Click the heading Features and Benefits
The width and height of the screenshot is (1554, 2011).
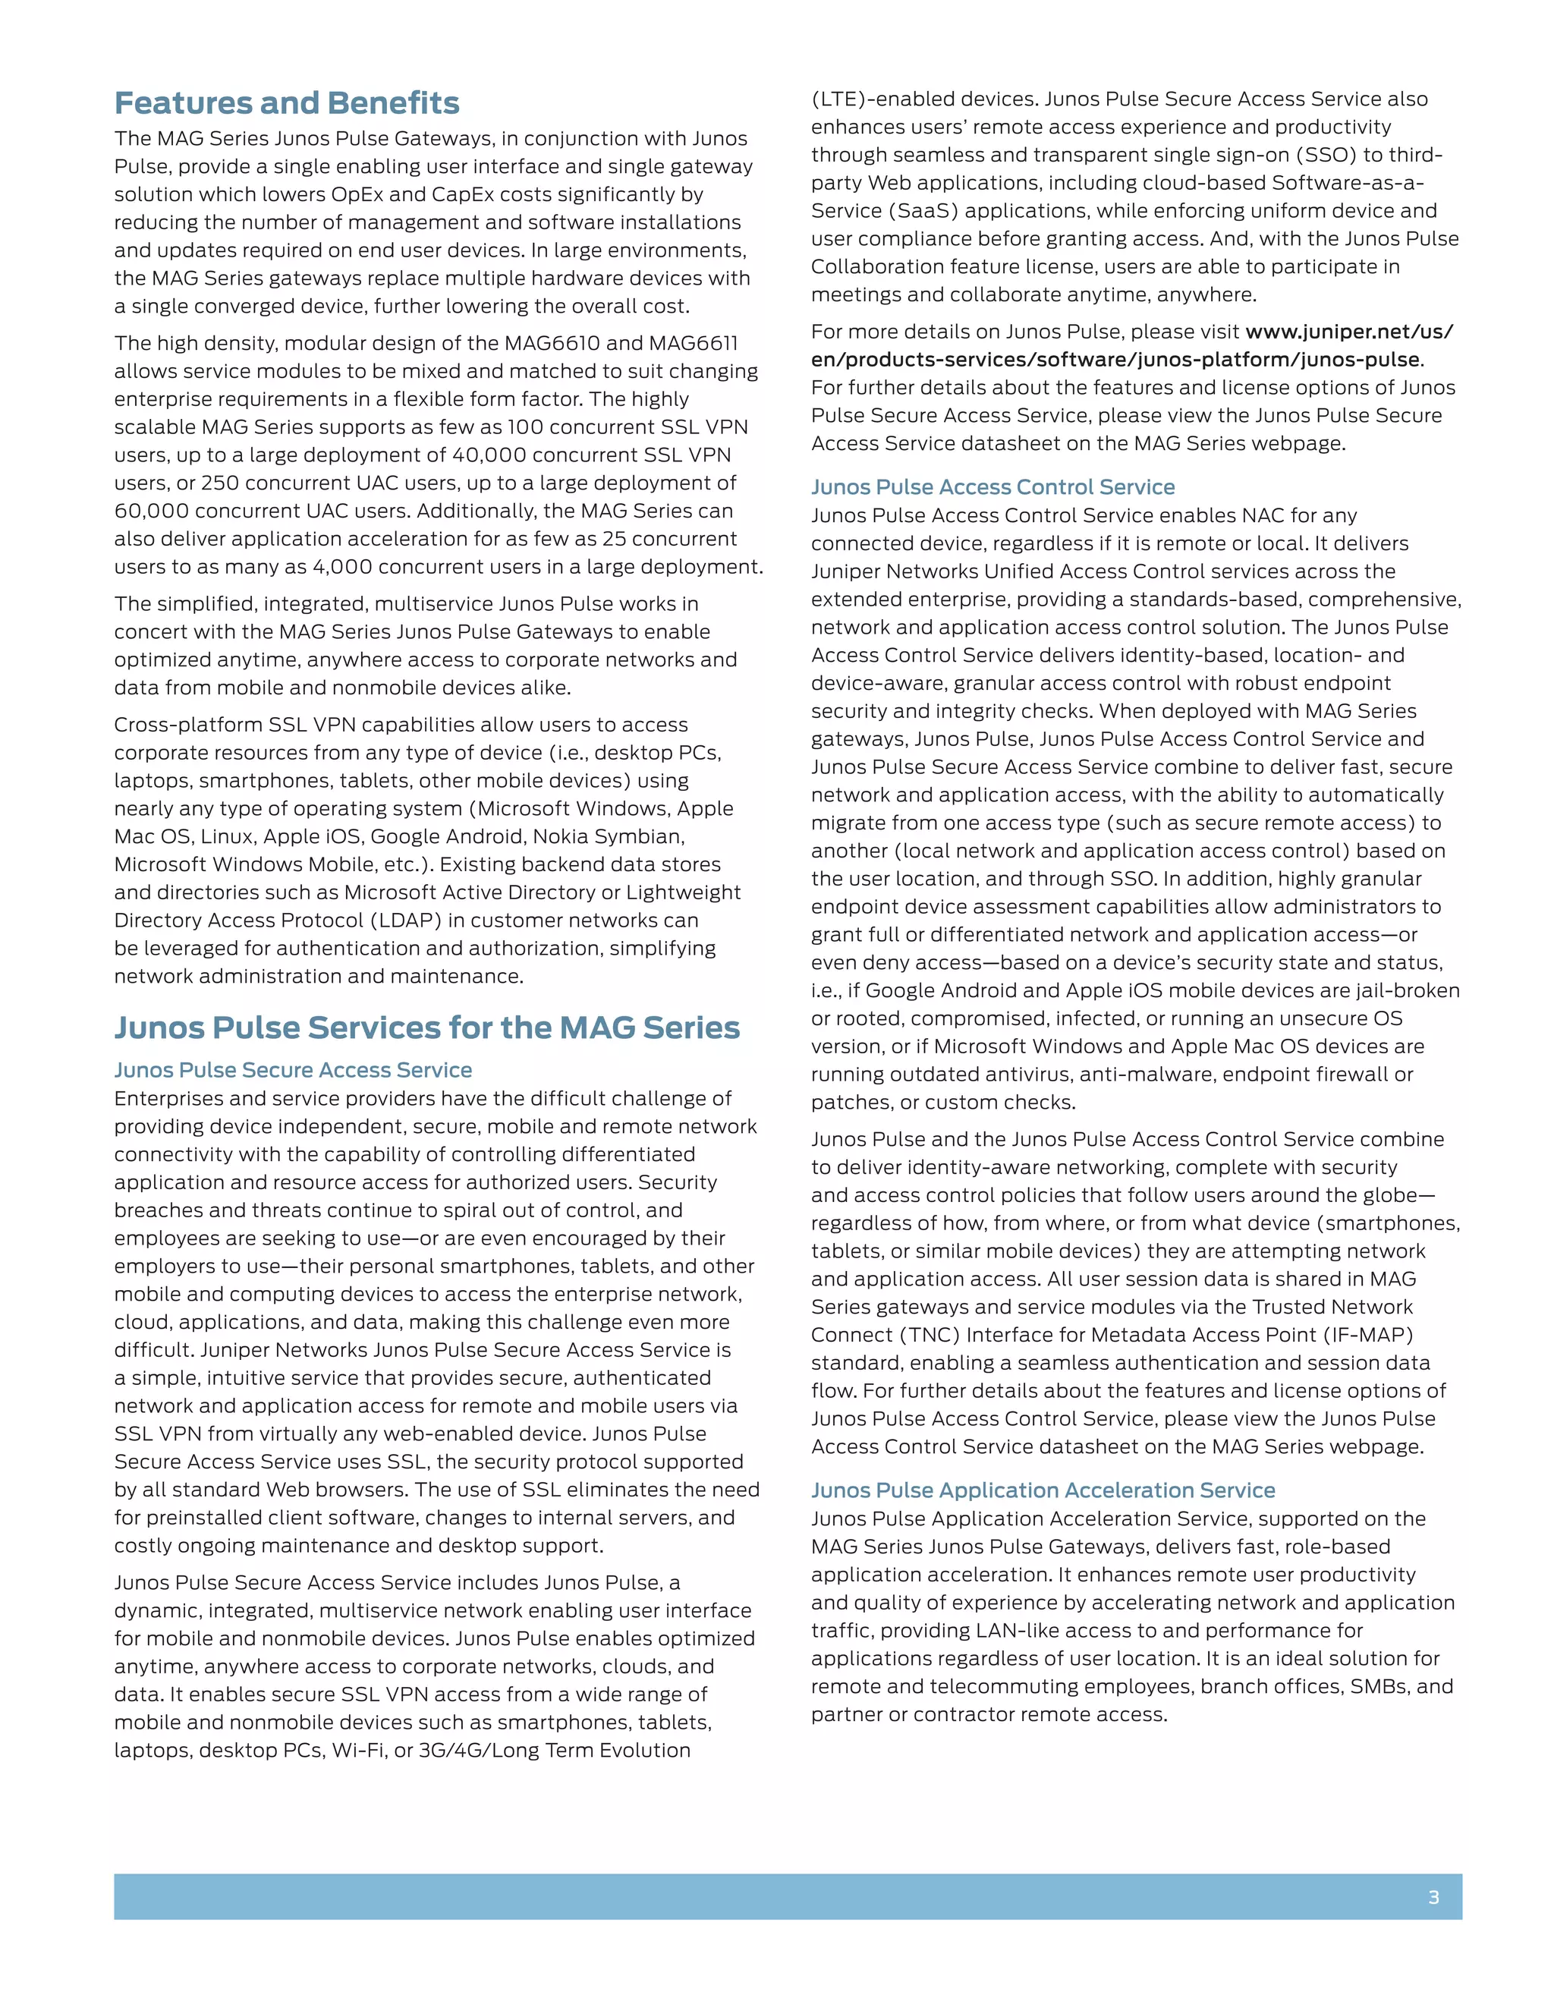point(286,103)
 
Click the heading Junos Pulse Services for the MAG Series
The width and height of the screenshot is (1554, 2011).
point(426,1028)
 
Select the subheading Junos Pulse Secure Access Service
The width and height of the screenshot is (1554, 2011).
point(293,1070)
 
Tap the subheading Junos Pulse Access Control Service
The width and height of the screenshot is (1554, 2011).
point(992,487)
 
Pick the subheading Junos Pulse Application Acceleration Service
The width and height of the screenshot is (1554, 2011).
point(1042,1490)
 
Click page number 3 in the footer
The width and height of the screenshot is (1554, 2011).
point(1433,1897)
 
